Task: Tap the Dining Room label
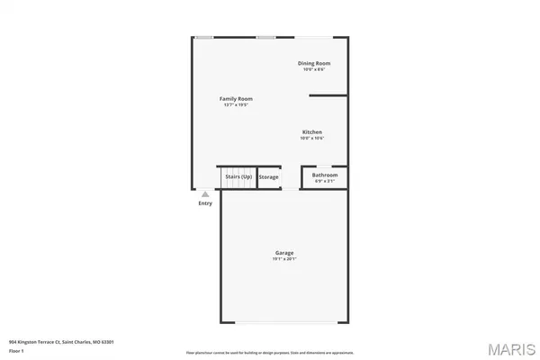point(315,63)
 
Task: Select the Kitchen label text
point(311,132)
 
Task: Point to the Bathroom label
point(324,175)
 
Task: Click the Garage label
point(284,253)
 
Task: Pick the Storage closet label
point(269,177)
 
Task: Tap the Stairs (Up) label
point(238,177)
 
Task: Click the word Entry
point(206,203)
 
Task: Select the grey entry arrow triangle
point(206,193)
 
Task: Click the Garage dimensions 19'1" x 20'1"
point(284,259)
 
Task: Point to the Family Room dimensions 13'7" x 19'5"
point(236,105)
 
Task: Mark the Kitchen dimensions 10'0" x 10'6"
point(311,139)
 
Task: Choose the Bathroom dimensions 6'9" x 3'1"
point(324,182)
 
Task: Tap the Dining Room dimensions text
point(314,69)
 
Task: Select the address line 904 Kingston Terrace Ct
point(61,342)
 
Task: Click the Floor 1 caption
point(17,351)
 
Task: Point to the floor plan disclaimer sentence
point(270,352)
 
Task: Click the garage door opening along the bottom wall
point(284,322)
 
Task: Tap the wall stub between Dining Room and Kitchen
point(328,95)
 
